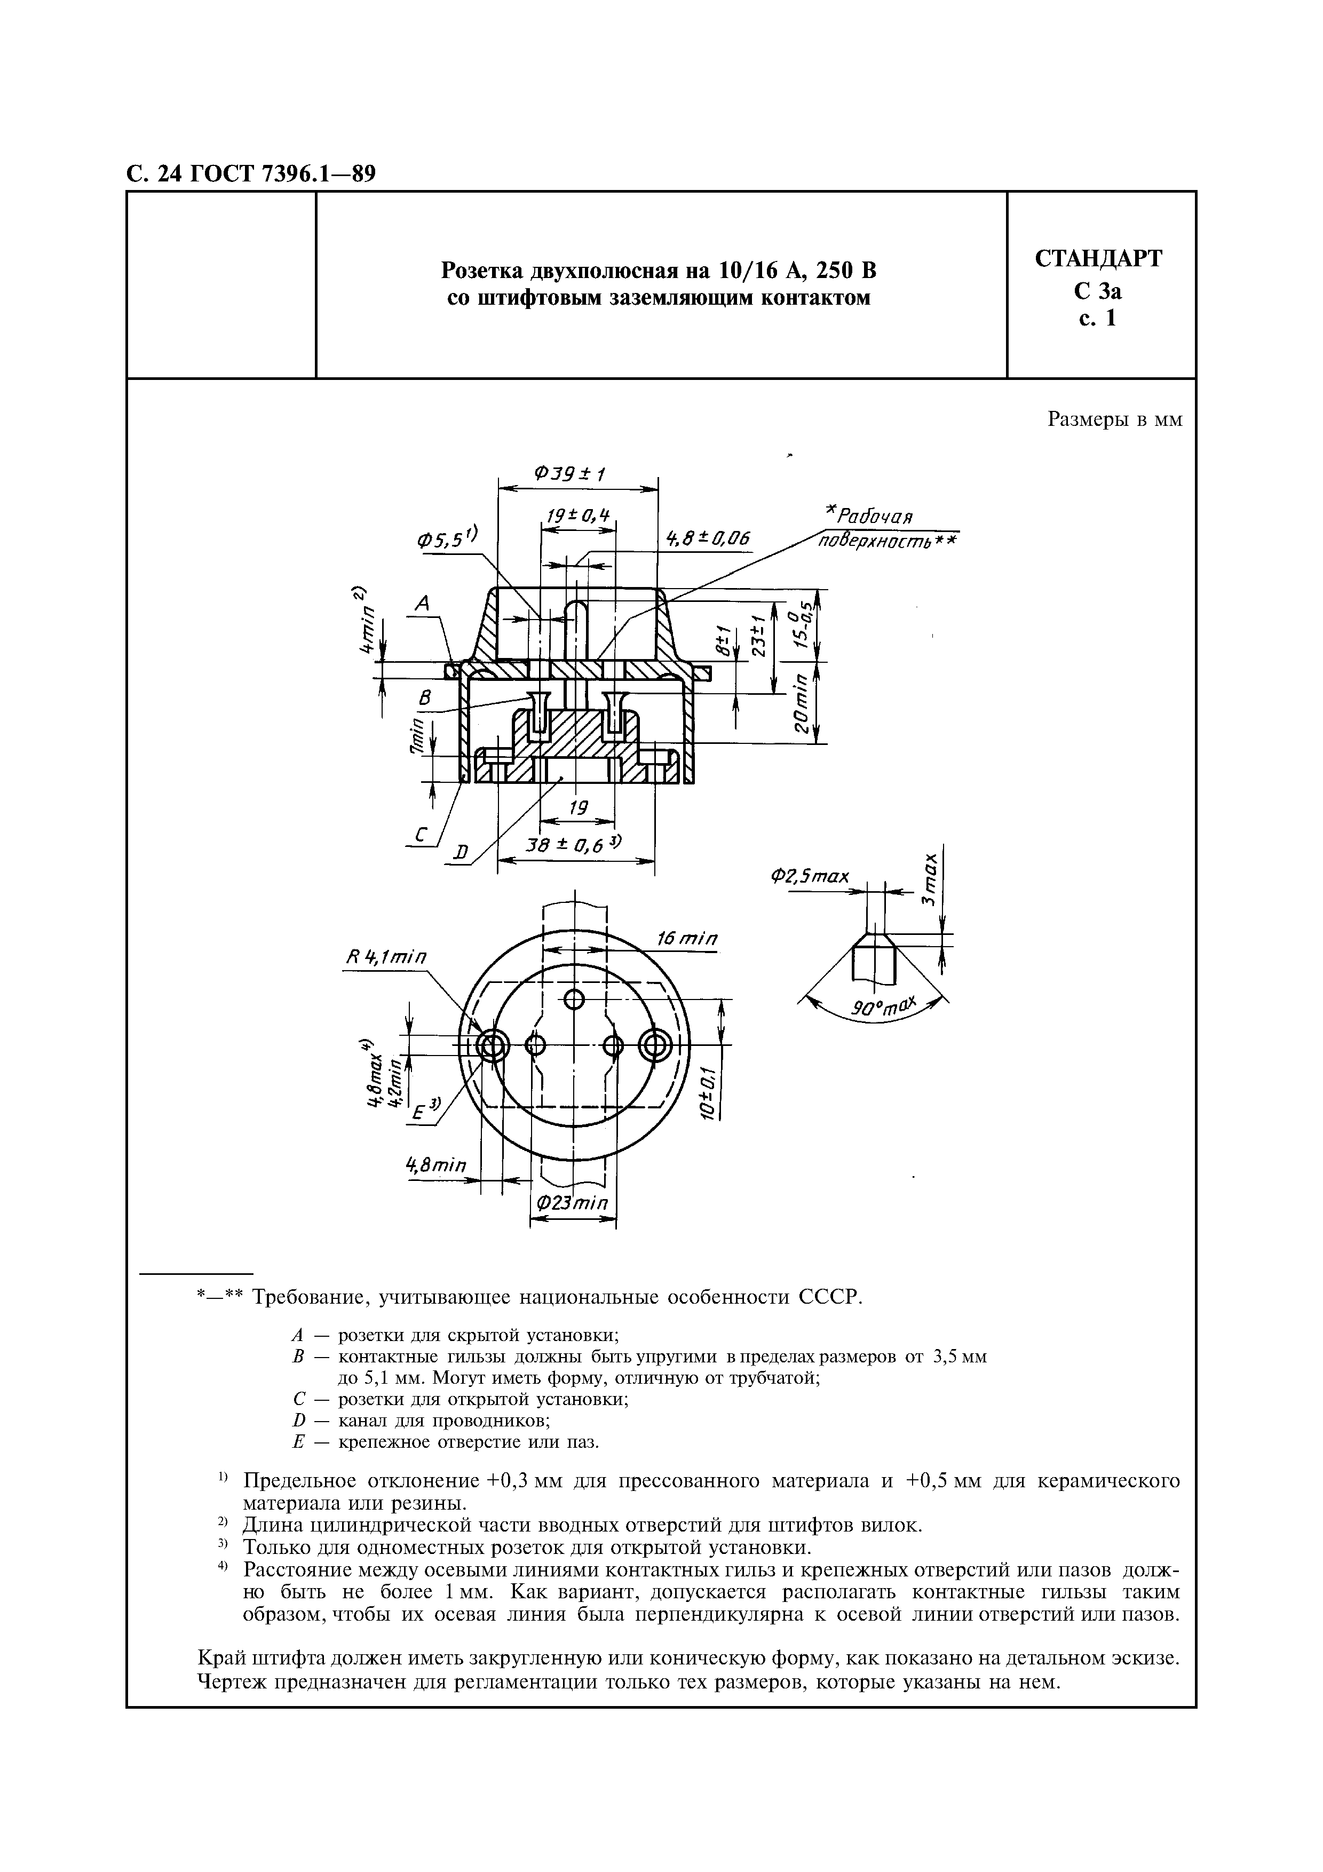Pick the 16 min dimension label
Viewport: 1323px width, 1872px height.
[688, 939]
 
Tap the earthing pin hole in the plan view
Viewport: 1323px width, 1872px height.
[575, 1000]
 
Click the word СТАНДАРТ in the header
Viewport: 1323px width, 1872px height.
[1099, 259]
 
